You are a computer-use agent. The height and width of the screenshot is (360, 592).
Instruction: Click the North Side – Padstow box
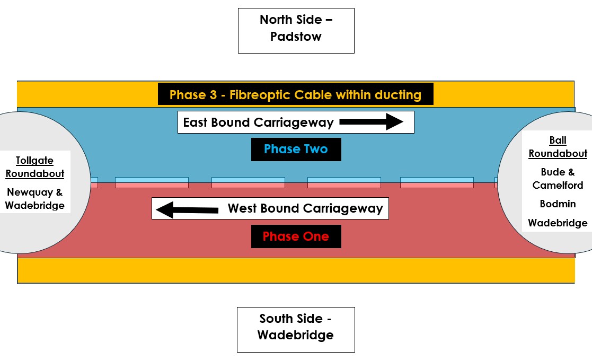pos(296,30)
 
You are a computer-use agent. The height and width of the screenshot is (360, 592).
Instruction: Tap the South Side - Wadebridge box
pos(296,329)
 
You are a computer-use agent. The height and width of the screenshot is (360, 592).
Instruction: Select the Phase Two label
pos(296,150)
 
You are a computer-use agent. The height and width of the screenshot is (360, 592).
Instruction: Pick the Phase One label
pos(296,236)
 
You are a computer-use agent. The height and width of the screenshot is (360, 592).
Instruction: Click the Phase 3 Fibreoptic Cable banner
pos(296,95)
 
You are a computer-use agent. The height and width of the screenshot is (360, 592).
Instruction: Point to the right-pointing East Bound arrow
pos(371,122)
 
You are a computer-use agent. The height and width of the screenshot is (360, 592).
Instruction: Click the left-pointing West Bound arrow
pos(187,209)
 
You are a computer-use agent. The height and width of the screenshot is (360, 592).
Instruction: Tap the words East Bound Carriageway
pos(258,123)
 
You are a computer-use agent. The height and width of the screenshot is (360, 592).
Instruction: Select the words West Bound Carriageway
pos(305,209)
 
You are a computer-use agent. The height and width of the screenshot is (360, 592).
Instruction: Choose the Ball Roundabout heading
pos(558,147)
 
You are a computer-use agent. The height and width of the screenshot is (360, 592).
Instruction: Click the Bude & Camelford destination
pos(558,179)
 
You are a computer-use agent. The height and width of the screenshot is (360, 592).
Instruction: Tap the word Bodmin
pos(558,204)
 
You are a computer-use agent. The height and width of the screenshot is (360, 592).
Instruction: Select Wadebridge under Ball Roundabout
pos(558,223)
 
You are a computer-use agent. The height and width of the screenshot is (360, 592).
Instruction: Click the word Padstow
pos(296,37)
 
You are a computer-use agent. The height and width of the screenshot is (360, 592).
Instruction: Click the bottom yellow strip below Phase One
pos(296,270)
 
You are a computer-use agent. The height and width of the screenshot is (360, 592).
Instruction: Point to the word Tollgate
pos(35,161)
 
